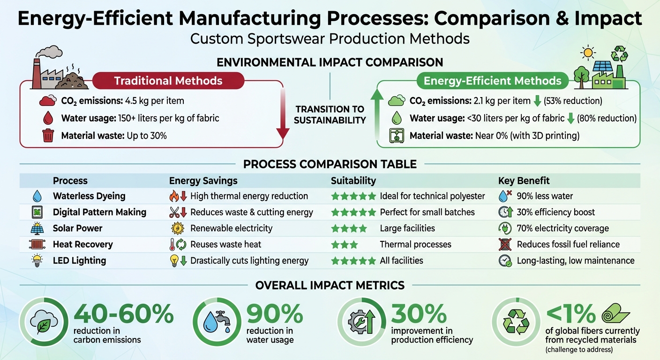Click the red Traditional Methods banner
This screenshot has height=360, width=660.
(x=168, y=81)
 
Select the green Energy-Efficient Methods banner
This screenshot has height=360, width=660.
(x=492, y=81)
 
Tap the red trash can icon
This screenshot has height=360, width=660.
(x=48, y=136)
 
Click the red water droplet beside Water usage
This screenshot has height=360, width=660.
(x=48, y=118)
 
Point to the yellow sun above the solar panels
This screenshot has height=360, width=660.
(x=588, y=52)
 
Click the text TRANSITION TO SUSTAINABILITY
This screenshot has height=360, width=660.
(x=330, y=114)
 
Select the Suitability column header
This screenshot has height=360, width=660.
(x=353, y=180)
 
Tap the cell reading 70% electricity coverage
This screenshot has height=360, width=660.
(x=562, y=228)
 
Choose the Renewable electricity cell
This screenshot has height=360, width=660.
(x=231, y=228)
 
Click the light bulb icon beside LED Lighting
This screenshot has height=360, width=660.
(x=36, y=261)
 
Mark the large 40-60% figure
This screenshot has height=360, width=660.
(x=123, y=314)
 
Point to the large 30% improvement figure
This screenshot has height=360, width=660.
(x=419, y=314)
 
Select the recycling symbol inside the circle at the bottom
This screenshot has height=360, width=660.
(x=516, y=322)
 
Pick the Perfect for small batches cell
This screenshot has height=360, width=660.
(x=427, y=212)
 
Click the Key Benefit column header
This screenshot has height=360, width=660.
(x=524, y=180)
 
